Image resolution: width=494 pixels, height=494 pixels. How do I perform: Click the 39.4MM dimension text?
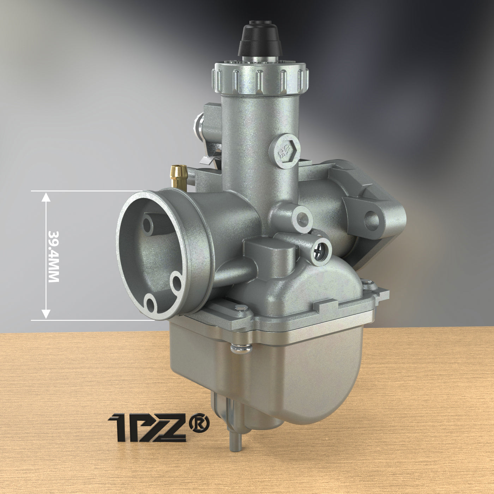53,256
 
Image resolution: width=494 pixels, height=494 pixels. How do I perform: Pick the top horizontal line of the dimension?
88,191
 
